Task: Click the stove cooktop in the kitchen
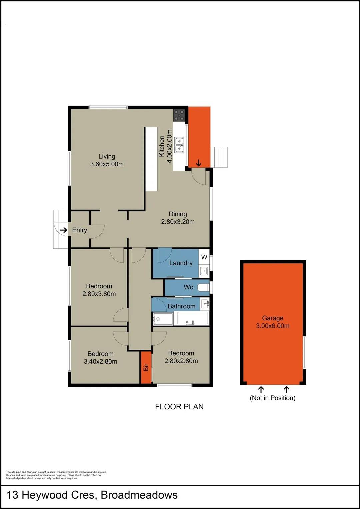(x=179, y=115)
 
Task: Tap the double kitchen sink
(x=179, y=145)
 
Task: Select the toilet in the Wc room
(x=203, y=287)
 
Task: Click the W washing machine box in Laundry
(x=204, y=257)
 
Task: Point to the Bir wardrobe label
(x=146, y=367)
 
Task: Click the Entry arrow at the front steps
(x=63, y=230)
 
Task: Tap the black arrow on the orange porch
(x=199, y=163)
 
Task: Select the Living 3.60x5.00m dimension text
(x=107, y=164)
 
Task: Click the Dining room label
(x=178, y=214)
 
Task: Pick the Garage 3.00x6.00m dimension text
(x=273, y=326)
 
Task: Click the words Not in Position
(x=272, y=398)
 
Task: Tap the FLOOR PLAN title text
(x=179, y=407)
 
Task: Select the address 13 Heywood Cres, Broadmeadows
(x=92, y=495)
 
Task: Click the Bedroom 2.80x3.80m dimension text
(x=99, y=294)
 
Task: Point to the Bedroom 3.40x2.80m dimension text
(x=100, y=362)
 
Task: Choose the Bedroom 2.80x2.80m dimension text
(x=181, y=361)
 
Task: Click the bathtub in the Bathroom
(x=192, y=319)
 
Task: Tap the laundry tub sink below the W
(x=204, y=271)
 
